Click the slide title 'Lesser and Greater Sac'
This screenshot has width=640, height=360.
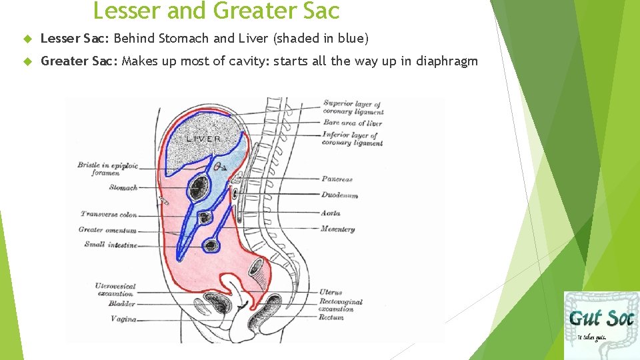coord(216,11)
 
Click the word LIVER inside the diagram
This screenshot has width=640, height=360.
coord(203,139)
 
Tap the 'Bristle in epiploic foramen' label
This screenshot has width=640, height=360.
coord(107,169)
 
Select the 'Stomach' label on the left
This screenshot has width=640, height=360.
coord(123,188)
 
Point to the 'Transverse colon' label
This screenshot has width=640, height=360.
coord(109,215)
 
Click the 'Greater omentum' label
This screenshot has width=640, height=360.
coord(107,230)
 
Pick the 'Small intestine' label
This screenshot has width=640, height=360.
coord(111,245)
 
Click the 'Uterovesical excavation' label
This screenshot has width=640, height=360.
coord(115,289)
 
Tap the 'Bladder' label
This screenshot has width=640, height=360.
coord(121,304)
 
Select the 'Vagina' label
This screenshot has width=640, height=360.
coord(123,319)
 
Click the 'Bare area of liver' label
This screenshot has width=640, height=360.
coord(353,123)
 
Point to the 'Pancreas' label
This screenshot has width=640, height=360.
coord(337,179)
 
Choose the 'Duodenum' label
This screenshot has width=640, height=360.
coord(339,195)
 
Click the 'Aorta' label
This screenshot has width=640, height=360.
coord(331,213)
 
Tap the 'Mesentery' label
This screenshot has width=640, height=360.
coord(337,229)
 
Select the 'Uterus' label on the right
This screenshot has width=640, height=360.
coord(330,293)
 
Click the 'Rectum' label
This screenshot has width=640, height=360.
coord(331,317)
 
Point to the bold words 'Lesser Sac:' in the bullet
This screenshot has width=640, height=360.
coord(79,39)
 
